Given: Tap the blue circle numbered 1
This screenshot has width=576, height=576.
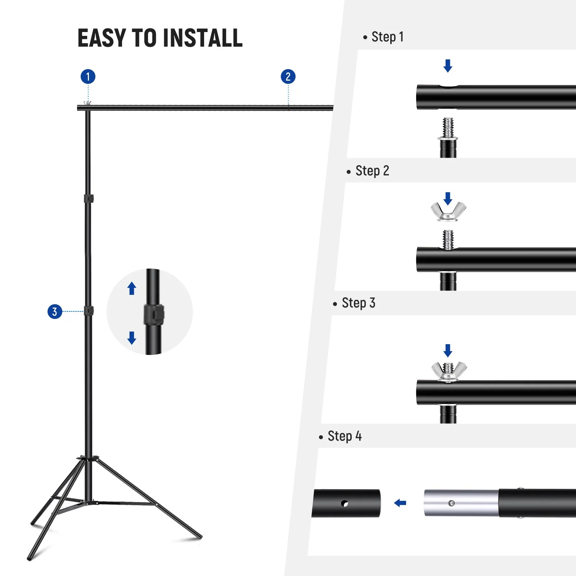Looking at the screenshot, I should (x=88, y=77).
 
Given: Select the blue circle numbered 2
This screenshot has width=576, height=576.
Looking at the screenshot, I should (x=288, y=77).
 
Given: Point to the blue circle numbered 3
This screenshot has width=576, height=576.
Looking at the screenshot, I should (x=55, y=311).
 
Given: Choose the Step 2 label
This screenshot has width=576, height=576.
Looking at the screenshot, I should (x=372, y=171).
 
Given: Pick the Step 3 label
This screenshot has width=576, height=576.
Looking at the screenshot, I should (x=358, y=303).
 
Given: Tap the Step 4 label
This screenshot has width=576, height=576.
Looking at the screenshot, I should (x=344, y=436).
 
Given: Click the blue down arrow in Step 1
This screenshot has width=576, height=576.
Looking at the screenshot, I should (x=448, y=66).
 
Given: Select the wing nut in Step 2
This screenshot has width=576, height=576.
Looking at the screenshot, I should (x=448, y=211).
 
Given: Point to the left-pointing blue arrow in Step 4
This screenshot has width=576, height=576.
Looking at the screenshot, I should (x=400, y=503).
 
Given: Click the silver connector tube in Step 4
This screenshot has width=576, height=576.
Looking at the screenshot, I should (x=461, y=503).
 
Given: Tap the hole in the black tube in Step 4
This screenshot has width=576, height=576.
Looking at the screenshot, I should (x=345, y=503).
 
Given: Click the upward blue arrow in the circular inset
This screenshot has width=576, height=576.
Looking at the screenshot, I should (x=132, y=288).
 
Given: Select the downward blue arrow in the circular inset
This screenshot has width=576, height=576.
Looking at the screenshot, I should (x=132, y=338).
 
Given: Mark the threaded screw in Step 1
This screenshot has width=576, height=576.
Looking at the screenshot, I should (x=448, y=127).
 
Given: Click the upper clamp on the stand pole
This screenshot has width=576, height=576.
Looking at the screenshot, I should (x=89, y=199).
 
